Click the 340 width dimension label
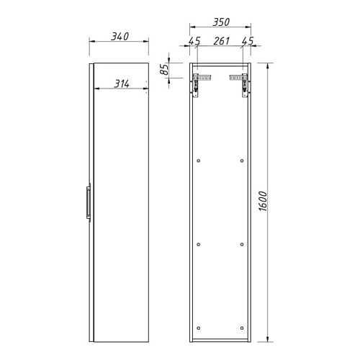[x=120, y=37]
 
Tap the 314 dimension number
[x=122, y=84]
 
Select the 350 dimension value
[x=221, y=22]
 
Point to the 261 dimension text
[x=221, y=41]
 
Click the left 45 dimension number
[x=194, y=41]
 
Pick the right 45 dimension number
[x=248, y=41]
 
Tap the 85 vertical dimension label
[x=165, y=70]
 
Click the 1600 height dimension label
[x=263, y=201]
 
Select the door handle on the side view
[x=89, y=203]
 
